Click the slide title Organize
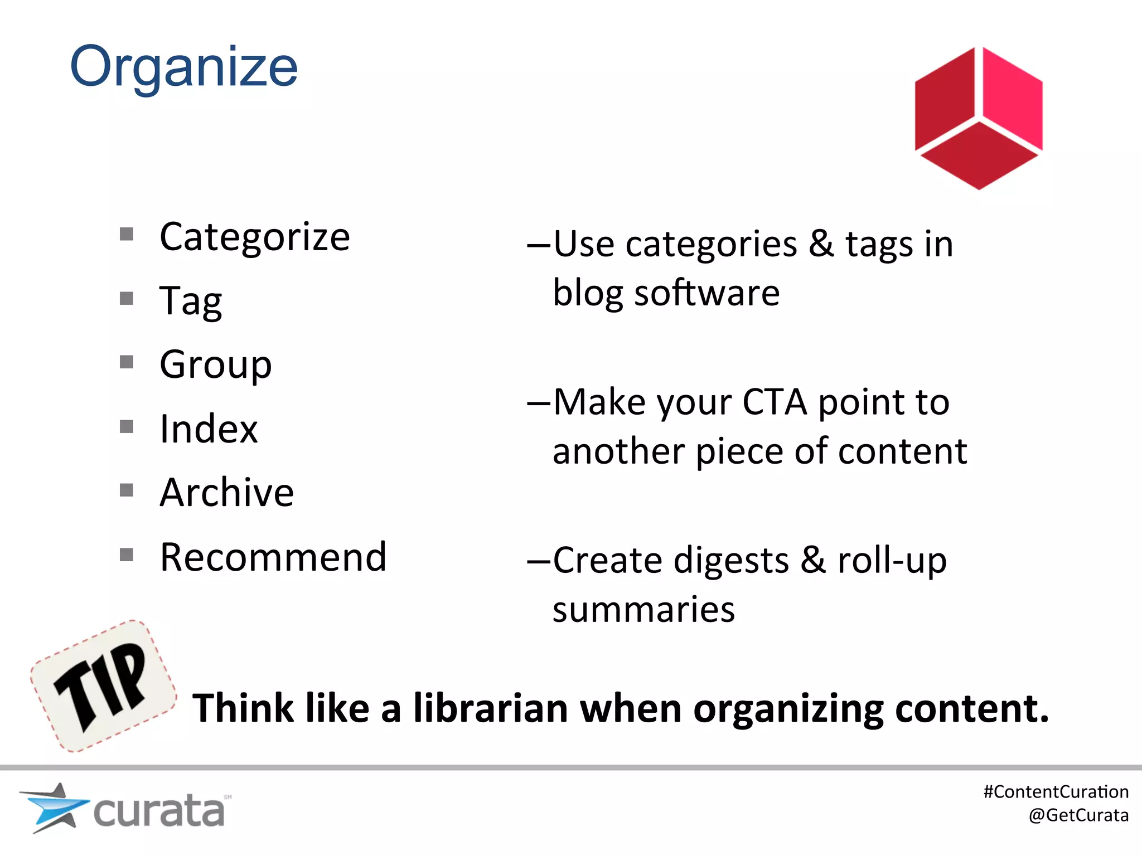[x=183, y=67]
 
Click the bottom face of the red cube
[x=979, y=155]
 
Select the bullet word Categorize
[x=255, y=237]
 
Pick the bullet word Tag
[x=191, y=301]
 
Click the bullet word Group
[x=216, y=364]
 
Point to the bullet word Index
[x=209, y=429]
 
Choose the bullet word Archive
[x=226, y=493]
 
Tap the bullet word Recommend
[x=273, y=557]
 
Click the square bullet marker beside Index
[x=127, y=427]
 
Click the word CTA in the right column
[x=775, y=402]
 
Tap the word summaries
[x=643, y=609]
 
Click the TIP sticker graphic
[x=104, y=685]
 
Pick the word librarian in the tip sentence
[x=491, y=708]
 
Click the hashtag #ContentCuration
[x=1056, y=792]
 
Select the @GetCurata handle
[x=1078, y=815]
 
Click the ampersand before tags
[x=821, y=244]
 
